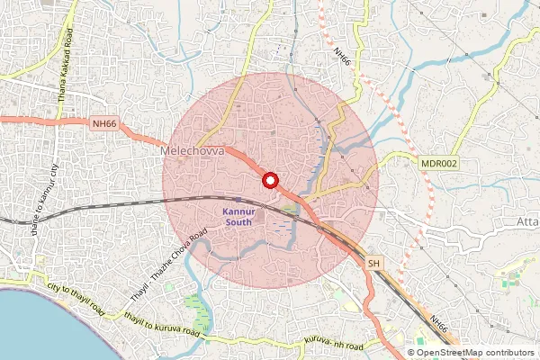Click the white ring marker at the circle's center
pos(269,181)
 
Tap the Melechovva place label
pos(192,153)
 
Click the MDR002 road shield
pos(439,163)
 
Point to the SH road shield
pos(374,263)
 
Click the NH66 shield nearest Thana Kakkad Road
pos(104,123)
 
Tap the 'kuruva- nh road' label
pos(334,341)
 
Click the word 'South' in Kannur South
pos(239,221)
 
